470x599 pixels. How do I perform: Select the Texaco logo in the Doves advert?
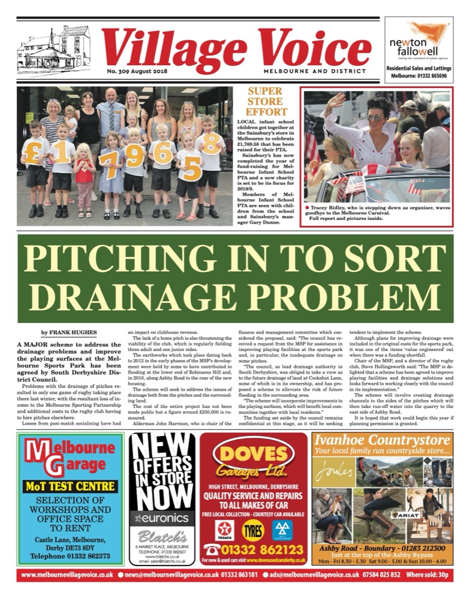[225, 530]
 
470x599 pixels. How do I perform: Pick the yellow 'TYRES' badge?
[253, 530]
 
